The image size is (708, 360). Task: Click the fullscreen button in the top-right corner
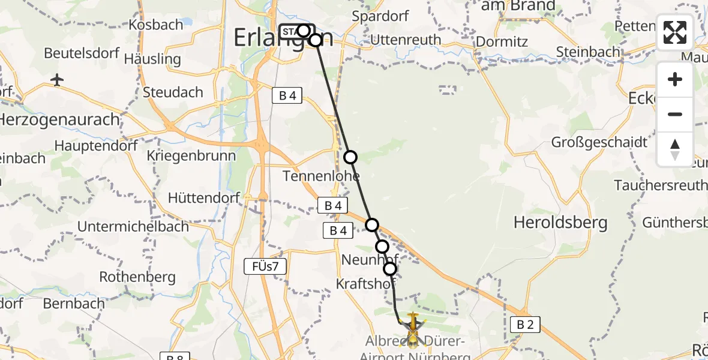pos(675,32)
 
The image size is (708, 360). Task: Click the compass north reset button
pos(675,149)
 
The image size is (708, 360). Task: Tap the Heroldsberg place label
pos(560,223)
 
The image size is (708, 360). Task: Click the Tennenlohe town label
pos(322,176)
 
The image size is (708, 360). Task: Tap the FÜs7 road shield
pos(265,266)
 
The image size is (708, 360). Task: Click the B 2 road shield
pos(525,325)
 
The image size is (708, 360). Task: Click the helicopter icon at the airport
pos(413,328)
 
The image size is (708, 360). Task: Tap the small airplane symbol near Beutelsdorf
pos(58,80)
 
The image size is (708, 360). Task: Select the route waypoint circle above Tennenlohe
pos(350,157)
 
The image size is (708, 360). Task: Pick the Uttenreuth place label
pos(406,40)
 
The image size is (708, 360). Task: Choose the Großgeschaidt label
pos(600,143)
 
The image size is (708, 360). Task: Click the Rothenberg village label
pos(137,277)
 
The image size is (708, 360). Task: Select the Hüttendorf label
pos(204,197)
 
